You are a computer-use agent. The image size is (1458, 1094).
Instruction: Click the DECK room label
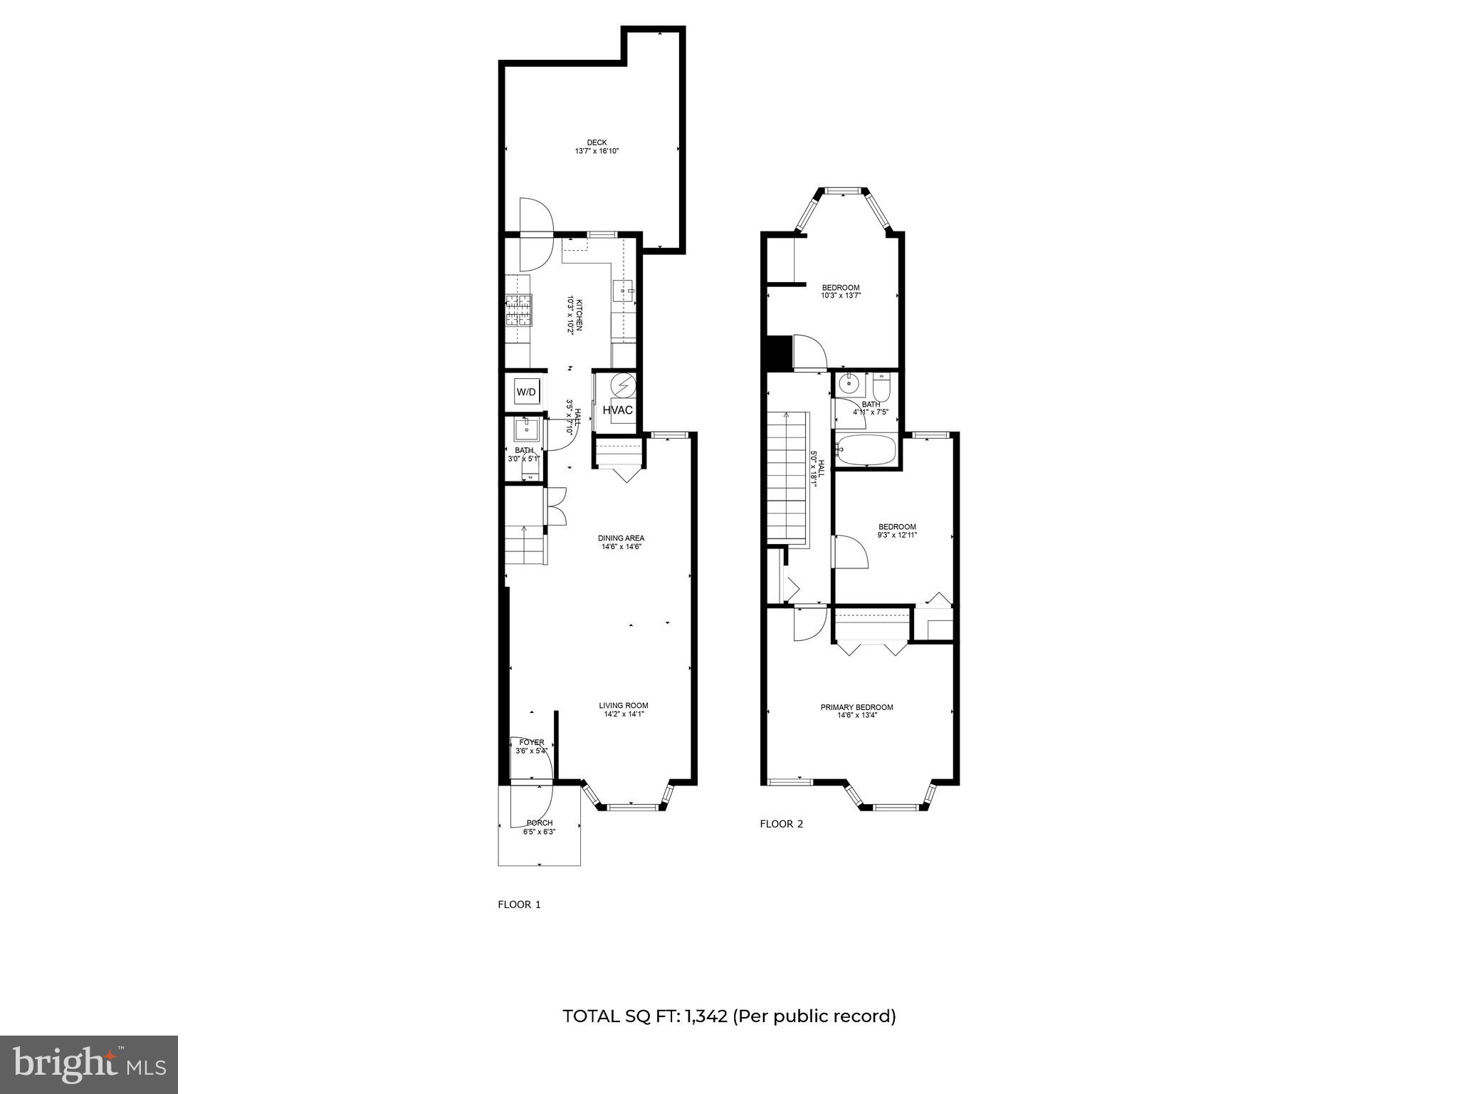tap(597, 142)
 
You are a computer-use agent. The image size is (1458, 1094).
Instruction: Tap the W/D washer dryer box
tap(526, 392)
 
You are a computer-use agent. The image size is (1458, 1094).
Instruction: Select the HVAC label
tap(617, 410)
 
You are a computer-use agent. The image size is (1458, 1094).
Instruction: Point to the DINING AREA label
tap(621, 538)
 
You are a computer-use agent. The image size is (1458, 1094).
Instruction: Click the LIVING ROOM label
tap(623, 706)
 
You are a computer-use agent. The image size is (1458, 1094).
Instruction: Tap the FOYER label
tap(531, 742)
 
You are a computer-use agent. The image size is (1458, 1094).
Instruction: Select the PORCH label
tap(539, 823)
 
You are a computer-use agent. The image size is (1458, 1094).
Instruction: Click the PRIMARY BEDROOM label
tap(856, 707)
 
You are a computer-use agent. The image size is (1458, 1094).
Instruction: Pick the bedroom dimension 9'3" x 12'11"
tap(896, 535)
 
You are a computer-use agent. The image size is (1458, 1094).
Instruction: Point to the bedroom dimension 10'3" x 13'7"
tap(841, 296)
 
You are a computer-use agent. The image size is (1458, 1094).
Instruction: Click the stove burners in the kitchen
tap(519, 311)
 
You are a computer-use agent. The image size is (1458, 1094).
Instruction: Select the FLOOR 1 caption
tap(519, 905)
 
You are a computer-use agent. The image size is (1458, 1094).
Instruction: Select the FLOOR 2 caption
tap(781, 824)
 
